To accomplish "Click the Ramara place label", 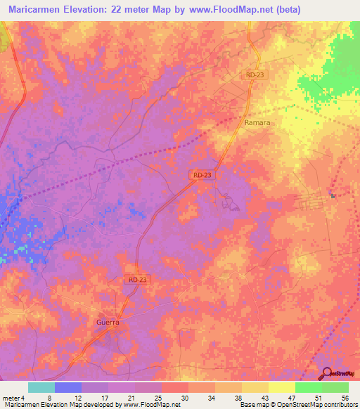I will [257, 122].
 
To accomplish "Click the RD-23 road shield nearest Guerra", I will [138, 280].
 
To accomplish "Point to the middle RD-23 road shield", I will [201, 174].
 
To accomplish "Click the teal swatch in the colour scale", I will [41, 387].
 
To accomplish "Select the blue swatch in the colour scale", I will [68, 387].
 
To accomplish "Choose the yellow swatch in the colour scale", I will [281, 387].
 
